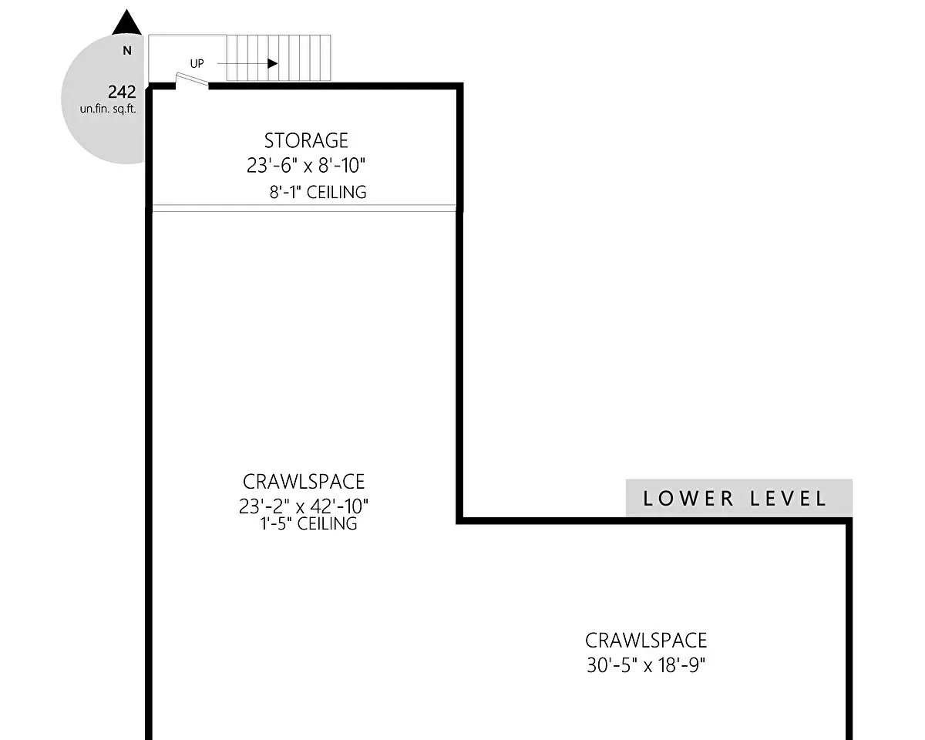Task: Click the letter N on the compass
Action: (126, 51)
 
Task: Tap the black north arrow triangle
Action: (126, 22)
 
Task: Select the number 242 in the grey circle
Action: (122, 92)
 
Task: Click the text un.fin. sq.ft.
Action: (108, 109)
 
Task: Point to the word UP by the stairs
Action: (197, 64)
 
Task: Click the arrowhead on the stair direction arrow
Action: (273, 64)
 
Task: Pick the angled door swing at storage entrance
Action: (192, 79)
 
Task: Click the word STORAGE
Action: (306, 140)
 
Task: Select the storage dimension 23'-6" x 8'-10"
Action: (306, 166)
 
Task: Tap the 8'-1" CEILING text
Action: (318, 192)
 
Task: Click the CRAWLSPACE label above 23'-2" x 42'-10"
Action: (304, 482)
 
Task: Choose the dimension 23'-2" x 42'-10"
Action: (304, 506)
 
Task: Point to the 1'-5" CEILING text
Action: (308, 523)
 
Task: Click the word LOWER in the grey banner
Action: (688, 499)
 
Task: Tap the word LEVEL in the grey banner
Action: (788, 499)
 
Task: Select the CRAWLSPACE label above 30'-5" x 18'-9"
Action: (646, 641)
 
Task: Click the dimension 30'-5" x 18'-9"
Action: (646, 665)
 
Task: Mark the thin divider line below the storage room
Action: (304, 209)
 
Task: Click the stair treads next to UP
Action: (278, 58)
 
